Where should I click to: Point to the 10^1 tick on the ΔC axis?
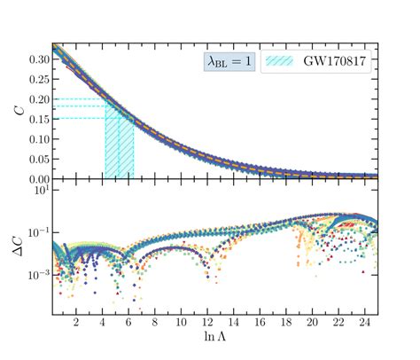click(38, 191)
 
